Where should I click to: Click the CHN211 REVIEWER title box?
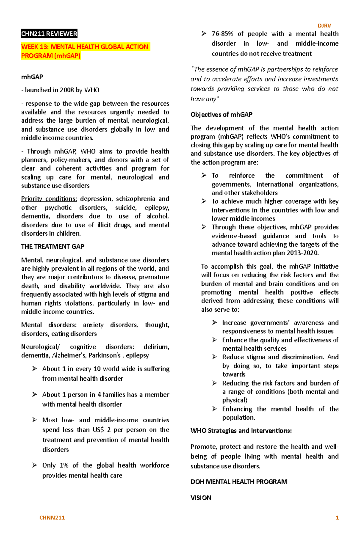tap(49, 34)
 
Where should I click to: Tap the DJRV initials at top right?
tap(324, 26)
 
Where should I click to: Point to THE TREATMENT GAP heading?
tap(52, 247)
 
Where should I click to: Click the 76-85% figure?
tap(222, 34)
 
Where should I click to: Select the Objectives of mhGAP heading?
tap(221, 114)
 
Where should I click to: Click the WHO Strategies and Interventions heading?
tap(241, 431)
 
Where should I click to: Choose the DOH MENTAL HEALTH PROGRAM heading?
tap(239, 482)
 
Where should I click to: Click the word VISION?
tap(201, 498)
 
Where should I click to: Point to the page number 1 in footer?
tap(337, 518)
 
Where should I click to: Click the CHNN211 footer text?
tap(52, 518)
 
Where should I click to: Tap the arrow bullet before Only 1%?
tap(34, 465)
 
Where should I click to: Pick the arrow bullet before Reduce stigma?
tap(214, 357)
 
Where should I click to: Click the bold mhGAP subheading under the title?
tap(32, 77)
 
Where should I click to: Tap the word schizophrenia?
tap(136, 199)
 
